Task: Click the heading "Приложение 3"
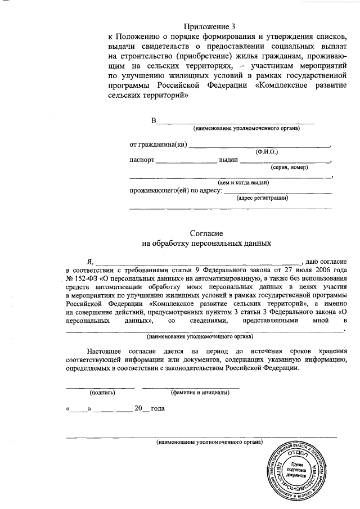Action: tap(208, 26)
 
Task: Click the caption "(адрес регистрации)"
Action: tap(263, 198)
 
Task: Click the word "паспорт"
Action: tap(141, 160)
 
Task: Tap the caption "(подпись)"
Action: tap(102, 393)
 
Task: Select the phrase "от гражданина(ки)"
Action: tap(157, 145)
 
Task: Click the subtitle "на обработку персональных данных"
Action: tap(208, 244)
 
